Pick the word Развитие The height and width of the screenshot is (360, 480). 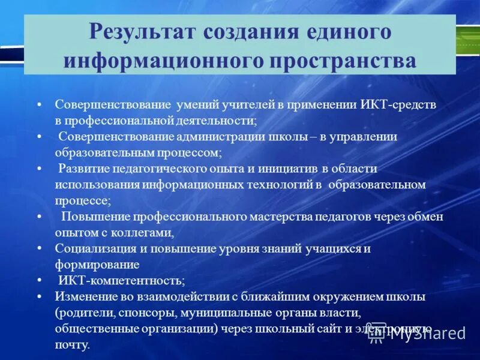tap(84, 169)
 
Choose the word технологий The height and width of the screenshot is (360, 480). tap(277, 185)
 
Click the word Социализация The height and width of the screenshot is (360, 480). tap(93, 248)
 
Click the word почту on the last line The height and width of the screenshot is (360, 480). tap(71, 345)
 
